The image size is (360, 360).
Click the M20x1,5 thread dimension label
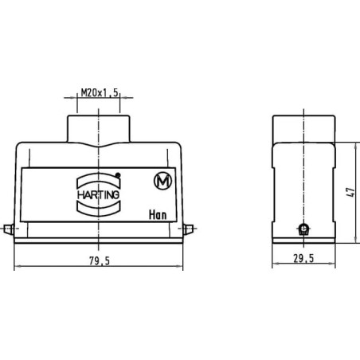click(x=100, y=93)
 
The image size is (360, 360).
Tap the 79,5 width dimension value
click(x=100, y=261)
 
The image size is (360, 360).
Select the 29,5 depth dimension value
click(x=303, y=258)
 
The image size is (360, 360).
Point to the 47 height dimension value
click(x=350, y=192)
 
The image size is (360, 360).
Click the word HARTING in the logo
click(x=98, y=195)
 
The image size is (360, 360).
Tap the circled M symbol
click(x=162, y=181)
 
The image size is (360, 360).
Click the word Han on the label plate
click(x=158, y=215)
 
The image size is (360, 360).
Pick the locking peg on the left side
click(x=9, y=229)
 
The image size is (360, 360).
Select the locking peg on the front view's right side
click(x=188, y=229)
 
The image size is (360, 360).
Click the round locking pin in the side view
click(x=303, y=229)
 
